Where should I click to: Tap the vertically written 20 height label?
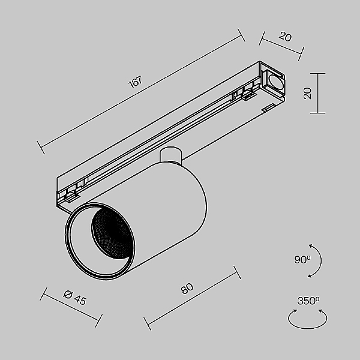307,93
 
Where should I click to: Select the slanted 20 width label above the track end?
285,37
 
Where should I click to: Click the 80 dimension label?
187,289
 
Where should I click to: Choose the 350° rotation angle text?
308,301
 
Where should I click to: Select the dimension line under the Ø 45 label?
71,307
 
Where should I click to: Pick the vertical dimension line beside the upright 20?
317,93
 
